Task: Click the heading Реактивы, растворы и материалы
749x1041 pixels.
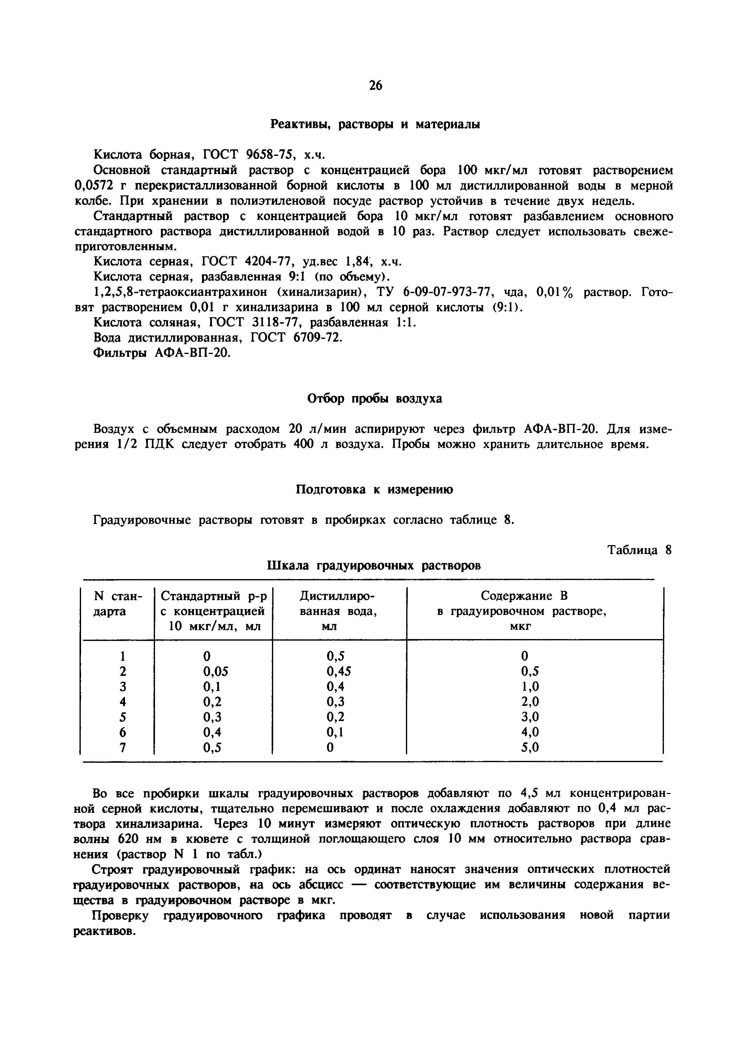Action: pos(375,124)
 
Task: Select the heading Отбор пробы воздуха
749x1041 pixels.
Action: pos(374,399)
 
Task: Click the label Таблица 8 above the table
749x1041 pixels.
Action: pos(639,550)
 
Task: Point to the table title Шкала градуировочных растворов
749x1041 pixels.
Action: pos(374,565)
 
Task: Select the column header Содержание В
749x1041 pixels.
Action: pos(524,596)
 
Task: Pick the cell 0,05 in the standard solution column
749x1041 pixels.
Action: pos(215,672)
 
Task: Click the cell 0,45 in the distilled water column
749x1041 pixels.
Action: pos(338,672)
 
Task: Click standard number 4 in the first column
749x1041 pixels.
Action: pos(123,702)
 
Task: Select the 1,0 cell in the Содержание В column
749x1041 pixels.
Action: pos(530,687)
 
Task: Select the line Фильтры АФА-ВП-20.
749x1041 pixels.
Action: pos(161,353)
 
